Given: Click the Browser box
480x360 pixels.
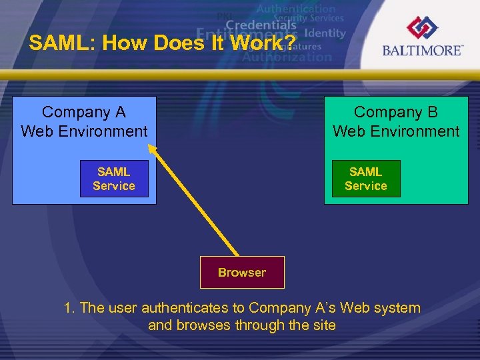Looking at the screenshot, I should coord(242,272).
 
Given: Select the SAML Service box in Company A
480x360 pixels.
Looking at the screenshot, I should coord(113,179).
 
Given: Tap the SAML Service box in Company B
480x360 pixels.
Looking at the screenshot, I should coord(366,179).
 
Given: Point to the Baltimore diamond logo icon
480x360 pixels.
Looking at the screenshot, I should coord(422,27).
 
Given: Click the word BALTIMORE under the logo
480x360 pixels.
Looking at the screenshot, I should coord(422,51).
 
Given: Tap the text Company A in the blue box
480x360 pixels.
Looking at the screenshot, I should coord(84,112).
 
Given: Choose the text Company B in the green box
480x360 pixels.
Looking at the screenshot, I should coord(396,112).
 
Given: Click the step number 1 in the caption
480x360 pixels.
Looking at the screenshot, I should coord(69,308).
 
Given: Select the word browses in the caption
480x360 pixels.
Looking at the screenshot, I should coord(199,325).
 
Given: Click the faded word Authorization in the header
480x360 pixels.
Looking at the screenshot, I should coord(287,57).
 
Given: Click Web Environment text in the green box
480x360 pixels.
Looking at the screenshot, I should coord(396,131).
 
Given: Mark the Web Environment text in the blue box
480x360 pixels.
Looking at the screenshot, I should coord(84,131).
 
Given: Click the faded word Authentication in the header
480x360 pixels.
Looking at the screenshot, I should coord(295,9).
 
